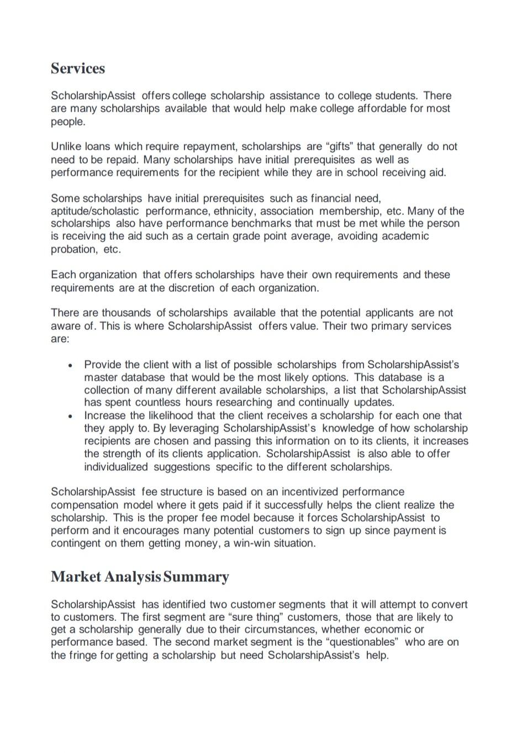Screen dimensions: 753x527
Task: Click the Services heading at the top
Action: (x=78, y=69)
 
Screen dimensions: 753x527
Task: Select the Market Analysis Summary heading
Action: (x=140, y=577)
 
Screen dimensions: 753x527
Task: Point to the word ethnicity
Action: (x=234, y=211)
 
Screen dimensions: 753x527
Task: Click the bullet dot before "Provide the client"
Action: (x=70, y=366)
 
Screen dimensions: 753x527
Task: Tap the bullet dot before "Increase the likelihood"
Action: (x=70, y=416)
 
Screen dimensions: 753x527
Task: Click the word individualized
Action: (x=116, y=467)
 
